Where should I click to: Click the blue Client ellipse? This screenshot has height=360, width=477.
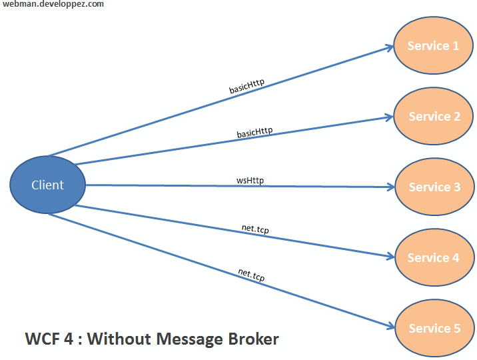[x=48, y=185]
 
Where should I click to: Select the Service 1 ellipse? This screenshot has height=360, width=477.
[x=433, y=46]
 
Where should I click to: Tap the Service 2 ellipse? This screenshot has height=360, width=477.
[x=434, y=117]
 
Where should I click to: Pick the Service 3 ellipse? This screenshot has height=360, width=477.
[x=434, y=187]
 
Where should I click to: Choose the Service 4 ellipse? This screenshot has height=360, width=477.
[x=433, y=258]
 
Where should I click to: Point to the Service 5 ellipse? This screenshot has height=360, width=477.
[x=434, y=329]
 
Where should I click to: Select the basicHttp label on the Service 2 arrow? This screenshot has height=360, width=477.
[x=254, y=132]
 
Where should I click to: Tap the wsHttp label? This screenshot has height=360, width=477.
[x=250, y=180]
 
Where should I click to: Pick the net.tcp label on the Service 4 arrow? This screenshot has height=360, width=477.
[x=255, y=229]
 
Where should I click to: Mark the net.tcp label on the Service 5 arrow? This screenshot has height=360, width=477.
[x=251, y=275]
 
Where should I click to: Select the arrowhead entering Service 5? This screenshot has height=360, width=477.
[x=389, y=327]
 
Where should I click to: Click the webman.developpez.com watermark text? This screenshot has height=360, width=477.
[x=53, y=5]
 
